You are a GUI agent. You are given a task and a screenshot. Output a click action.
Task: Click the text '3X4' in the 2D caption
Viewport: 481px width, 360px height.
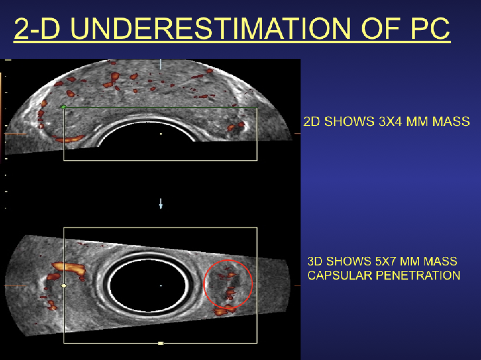390,122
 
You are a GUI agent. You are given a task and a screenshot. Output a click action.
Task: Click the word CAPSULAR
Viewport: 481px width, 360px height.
340,275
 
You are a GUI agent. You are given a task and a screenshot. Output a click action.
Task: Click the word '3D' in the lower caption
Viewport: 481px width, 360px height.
315,261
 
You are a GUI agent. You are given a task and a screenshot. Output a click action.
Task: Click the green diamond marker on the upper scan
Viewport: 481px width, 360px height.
63,107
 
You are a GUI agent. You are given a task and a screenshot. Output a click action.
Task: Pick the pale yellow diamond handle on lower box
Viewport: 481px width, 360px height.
64,286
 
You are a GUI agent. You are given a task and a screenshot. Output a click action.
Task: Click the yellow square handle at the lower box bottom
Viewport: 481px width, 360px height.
161,343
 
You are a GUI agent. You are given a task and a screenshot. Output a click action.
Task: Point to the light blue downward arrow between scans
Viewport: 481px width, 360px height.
161,204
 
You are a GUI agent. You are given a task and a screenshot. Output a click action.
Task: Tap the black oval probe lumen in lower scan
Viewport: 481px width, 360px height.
148,285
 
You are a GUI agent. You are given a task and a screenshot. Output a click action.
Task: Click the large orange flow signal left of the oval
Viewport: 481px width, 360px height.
70,268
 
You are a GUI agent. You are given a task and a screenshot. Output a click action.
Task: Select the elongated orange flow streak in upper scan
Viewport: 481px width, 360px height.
70,139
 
